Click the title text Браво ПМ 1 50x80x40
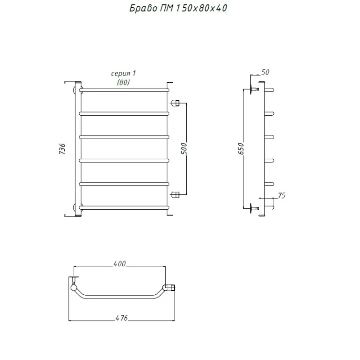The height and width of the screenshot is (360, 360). coord(178,8)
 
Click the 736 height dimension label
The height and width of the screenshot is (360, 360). coord(62,148)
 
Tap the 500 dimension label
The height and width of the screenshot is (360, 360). coord(184,148)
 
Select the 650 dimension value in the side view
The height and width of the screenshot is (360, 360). coord(240,148)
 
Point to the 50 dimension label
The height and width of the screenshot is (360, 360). coord(265,72)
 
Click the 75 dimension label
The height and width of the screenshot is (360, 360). coord(282,196)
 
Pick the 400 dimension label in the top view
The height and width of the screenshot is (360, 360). coord(119,264)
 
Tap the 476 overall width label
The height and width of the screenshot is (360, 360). coord(121,318)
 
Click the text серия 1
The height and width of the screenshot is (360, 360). coord(123,73)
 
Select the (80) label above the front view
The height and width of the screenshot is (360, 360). coord(123,82)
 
